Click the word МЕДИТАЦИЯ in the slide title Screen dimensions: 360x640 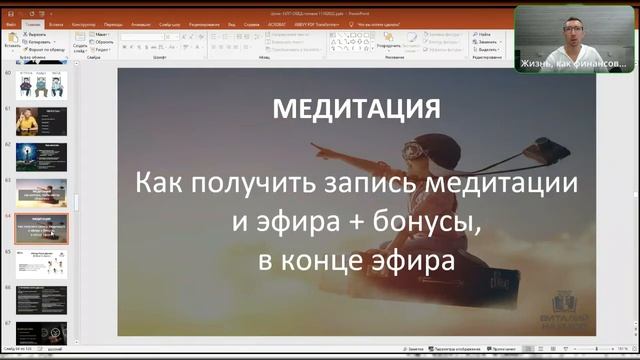[356, 108]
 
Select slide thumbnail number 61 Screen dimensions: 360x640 [41, 120]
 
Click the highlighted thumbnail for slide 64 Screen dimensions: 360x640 [41, 227]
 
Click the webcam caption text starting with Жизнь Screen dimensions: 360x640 [573, 63]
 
